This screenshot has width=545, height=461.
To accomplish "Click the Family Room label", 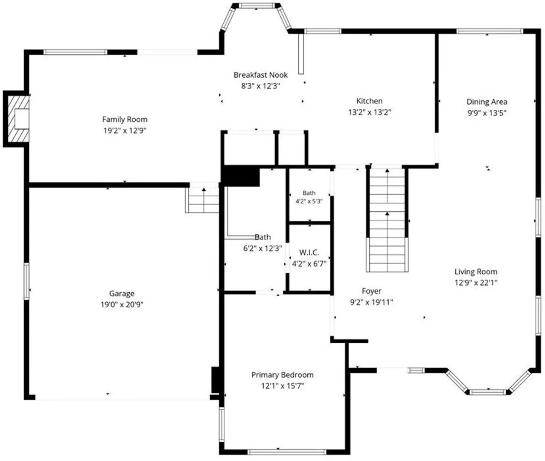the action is click(125, 120).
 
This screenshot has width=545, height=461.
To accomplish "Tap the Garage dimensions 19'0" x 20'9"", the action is click(122, 305).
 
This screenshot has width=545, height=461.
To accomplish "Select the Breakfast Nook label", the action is click(260, 75).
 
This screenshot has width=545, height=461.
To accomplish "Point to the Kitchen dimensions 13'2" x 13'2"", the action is click(370, 112).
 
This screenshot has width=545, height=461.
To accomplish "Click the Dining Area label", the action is click(487, 102).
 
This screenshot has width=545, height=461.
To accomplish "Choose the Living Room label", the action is click(476, 271).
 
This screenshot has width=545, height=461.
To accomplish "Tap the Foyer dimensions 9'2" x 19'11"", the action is click(371, 302).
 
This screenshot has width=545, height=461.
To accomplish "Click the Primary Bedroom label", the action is click(283, 375).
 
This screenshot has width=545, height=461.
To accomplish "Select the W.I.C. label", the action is click(309, 252).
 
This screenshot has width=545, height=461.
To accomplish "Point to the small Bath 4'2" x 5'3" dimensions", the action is click(309, 201).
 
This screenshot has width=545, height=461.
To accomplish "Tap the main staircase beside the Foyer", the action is click(387, 220).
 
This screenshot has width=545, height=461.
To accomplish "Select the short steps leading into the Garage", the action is click(202, 200).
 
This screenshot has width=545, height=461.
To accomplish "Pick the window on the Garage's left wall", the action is click(26, 281).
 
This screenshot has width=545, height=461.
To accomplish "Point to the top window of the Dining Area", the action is click(490, 32).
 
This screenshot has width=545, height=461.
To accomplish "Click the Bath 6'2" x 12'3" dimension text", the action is click(262, 248).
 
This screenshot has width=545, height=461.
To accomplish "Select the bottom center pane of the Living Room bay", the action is click(488, 392).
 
